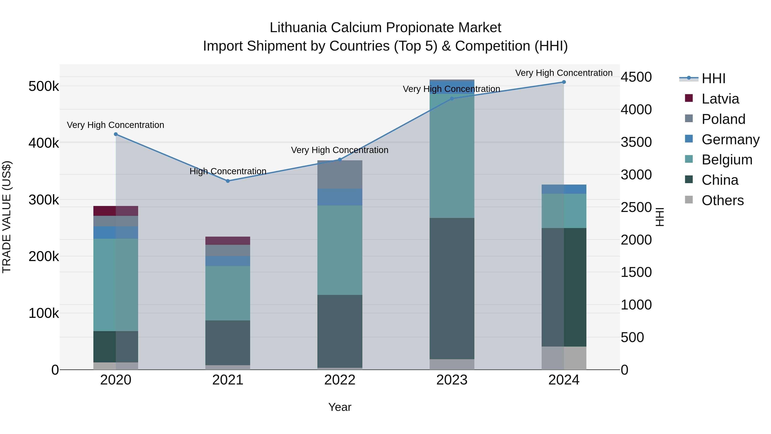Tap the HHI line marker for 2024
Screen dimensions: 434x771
(564, 82)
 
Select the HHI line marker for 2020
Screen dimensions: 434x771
(116, 134)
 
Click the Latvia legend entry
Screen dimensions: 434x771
(720, 99)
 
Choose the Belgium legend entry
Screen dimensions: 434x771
(727, 160)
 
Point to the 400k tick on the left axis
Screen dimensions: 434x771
(44, 143)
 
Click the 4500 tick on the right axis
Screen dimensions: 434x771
(636, 77)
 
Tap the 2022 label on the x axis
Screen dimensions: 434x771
(340, 380)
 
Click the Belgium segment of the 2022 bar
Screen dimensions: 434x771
(340, 250)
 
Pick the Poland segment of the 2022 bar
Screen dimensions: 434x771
(340, 174)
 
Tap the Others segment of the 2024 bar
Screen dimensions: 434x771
(564, 358)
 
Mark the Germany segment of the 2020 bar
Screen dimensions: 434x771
(116, 232)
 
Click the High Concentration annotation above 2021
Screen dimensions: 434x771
(228, 171)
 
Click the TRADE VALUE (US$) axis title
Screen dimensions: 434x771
(7, 217)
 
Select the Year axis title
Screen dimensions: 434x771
(340, 407)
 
